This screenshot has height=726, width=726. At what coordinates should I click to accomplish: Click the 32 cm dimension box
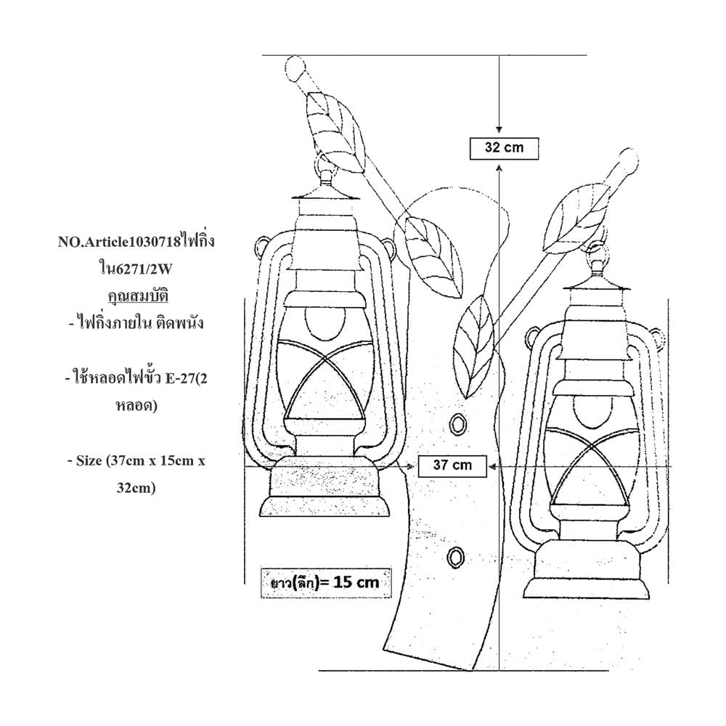tap(505, 149)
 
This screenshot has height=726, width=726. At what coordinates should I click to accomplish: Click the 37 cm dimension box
tap(452, 466)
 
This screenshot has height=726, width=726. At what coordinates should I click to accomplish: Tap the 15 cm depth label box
tap(326, 582)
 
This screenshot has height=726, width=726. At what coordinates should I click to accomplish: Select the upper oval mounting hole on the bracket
tap(459, 424)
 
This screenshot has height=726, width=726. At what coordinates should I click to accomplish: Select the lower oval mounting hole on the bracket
tap(456, 557)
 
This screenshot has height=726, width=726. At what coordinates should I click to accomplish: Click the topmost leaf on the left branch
tap(336, 132)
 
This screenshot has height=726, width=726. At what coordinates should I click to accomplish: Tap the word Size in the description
tap(89, 461)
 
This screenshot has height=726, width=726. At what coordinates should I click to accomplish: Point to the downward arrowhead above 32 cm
tap(499, 130)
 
